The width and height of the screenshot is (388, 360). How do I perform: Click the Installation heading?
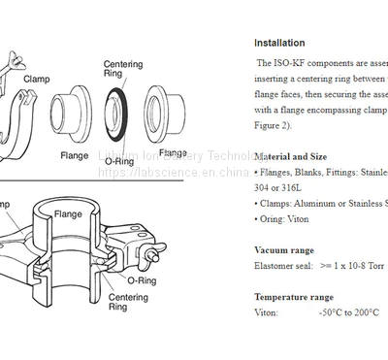(x=279, y=43)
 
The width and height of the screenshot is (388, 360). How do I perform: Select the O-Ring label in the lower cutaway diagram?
(x=142, y=281)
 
